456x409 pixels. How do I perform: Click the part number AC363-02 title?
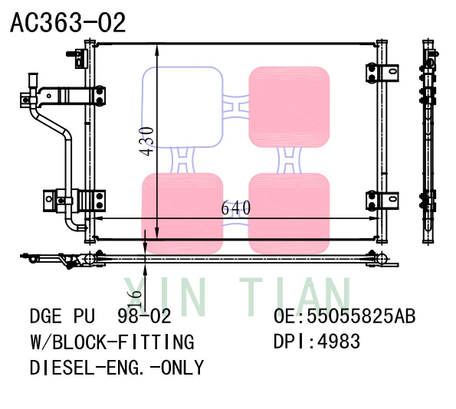67,23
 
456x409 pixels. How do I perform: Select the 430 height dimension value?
147,141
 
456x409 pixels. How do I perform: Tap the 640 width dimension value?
235,208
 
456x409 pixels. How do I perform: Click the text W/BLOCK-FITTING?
111,342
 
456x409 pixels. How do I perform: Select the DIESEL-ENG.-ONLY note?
116,368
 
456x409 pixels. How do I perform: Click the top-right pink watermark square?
289,106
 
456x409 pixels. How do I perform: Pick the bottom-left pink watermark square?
182,213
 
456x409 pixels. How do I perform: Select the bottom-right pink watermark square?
289,213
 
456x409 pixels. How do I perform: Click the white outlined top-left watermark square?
182,106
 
